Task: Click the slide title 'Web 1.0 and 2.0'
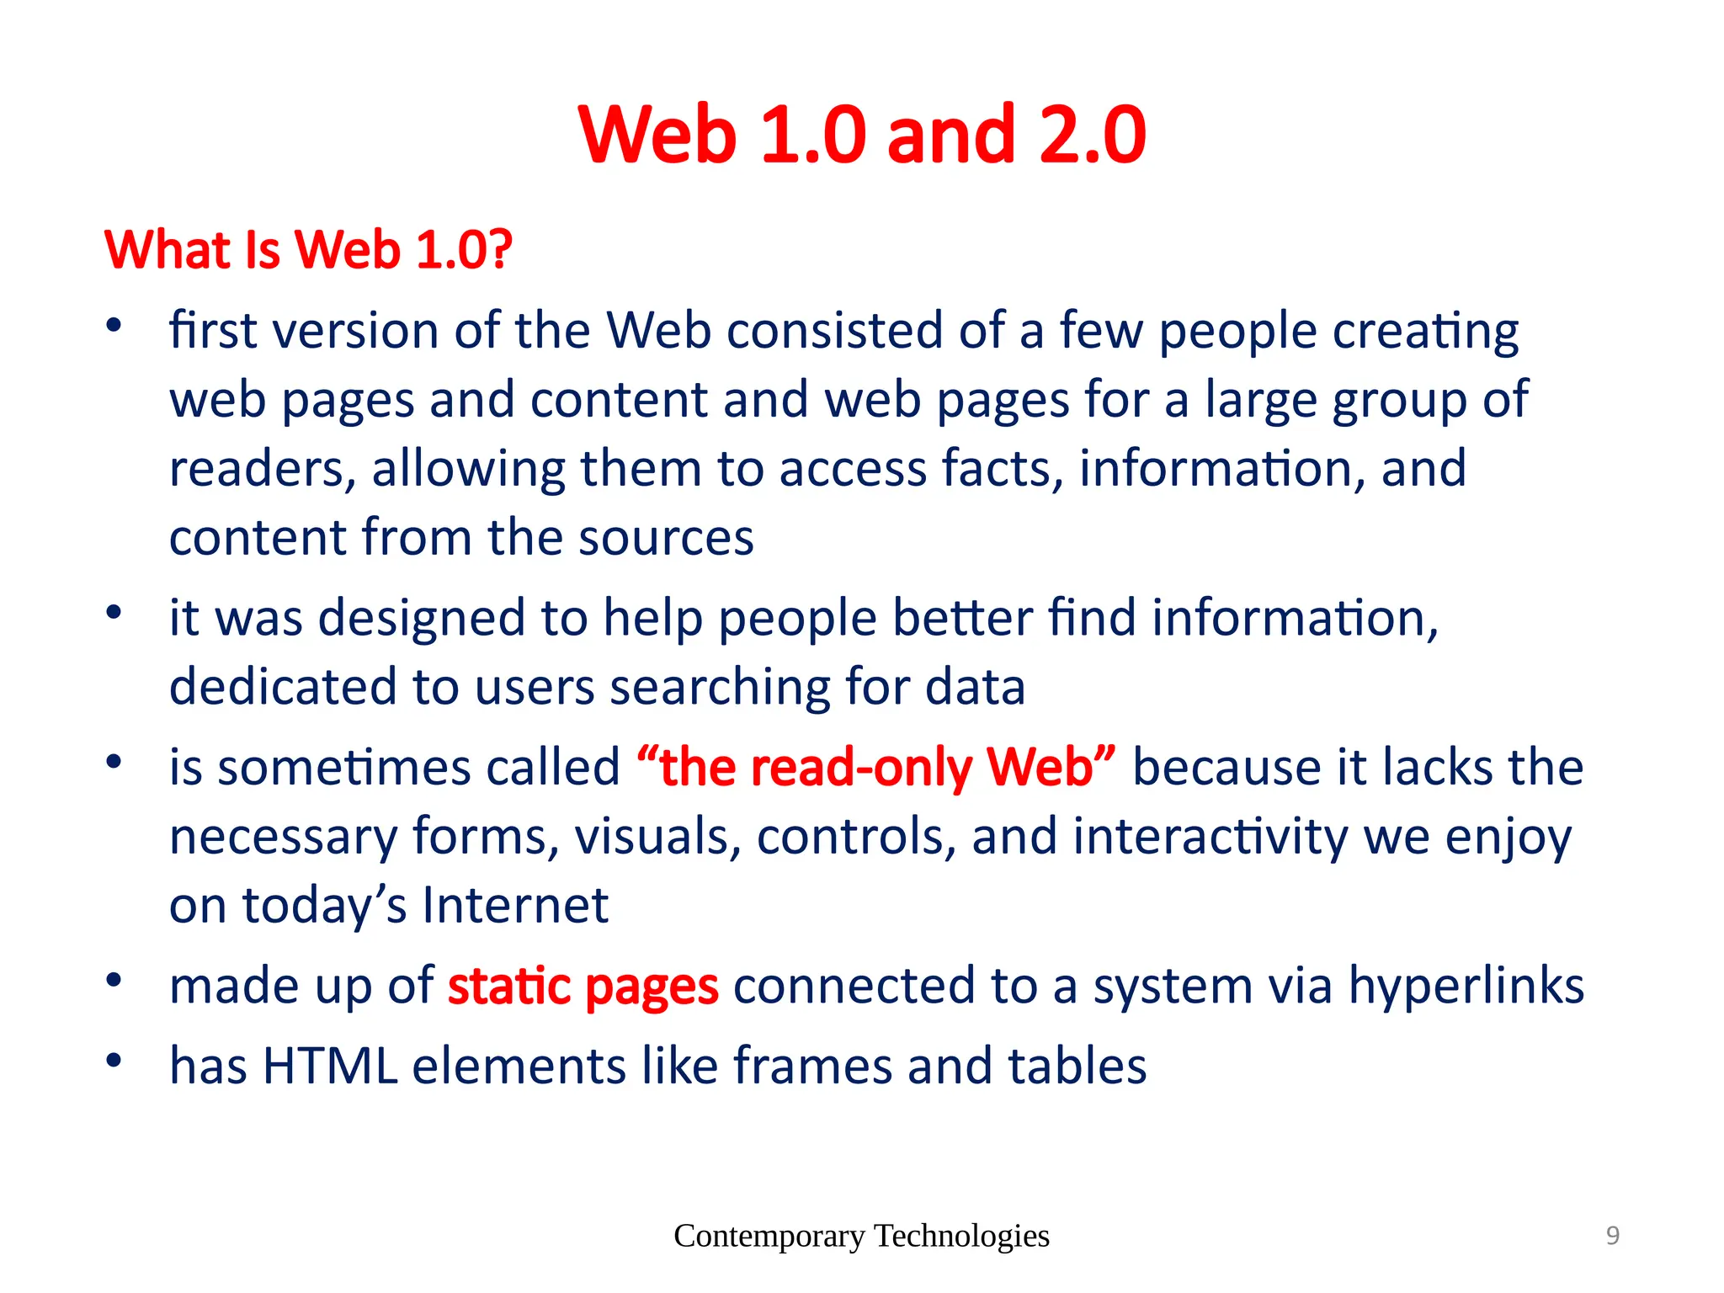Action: click(x=862, y=135)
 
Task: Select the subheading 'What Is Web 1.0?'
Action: click(x=308, y=250)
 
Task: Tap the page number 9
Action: click(x=1612, y=1236)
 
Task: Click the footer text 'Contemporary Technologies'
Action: click(x=861, y=1236)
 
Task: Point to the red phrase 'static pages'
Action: click(x=583, y=986)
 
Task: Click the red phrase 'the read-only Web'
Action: click(x=875, y=768)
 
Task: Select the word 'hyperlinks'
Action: click(x=1466, y=986)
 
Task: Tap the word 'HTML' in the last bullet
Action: click(x=330, y=1066)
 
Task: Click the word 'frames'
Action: click(x=812, y=1066)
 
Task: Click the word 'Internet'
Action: click(x=515, y=906)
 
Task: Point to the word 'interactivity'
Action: click(x=1211, y=837)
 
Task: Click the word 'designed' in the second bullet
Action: click(x=422, y=618)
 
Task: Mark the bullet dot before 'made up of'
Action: click(x=114, y=980)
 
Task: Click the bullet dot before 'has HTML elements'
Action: click(x=114, y=1060)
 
